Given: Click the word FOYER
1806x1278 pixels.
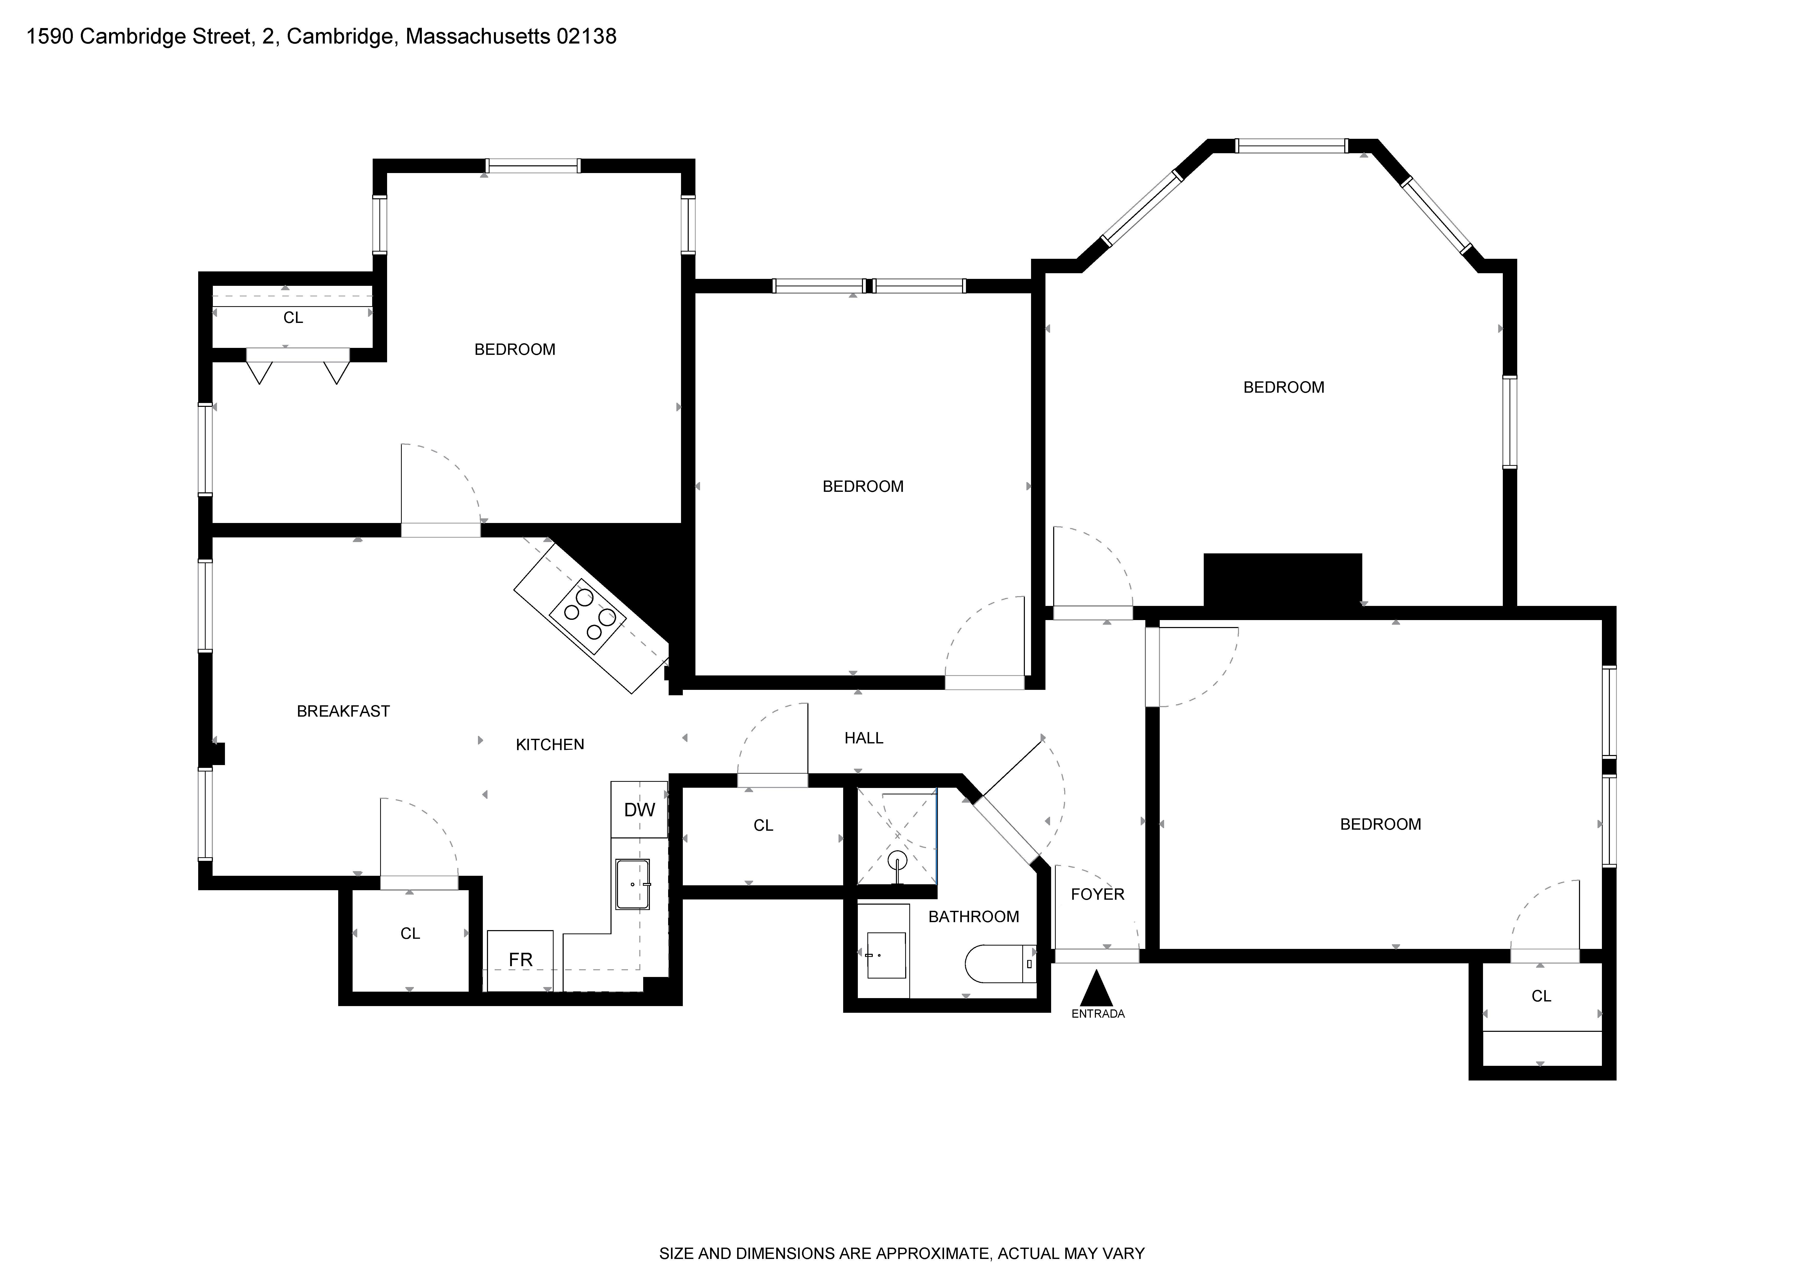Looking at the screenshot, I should tap(1097, 895).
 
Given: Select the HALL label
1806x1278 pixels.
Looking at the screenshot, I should tap(864, 738).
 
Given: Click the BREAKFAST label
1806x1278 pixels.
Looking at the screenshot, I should tap(343, 711).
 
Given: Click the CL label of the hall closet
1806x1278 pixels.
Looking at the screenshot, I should tap(763, 826).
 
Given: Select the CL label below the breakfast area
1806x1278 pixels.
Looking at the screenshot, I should tap(410, 933).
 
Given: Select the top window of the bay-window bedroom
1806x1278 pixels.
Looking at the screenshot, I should tap(1291, 145).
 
